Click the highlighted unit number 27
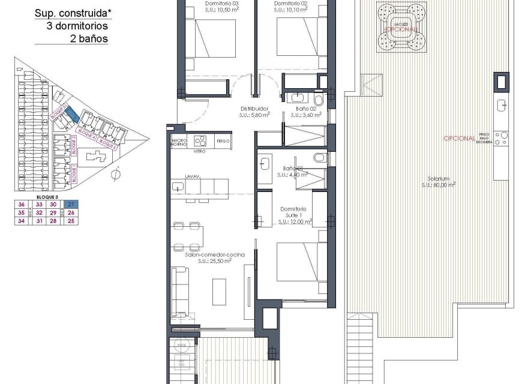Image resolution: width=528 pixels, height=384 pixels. coord(71,205)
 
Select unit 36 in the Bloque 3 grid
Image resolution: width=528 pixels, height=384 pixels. coord(22,205)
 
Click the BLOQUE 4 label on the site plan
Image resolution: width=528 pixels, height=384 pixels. coord(88,136)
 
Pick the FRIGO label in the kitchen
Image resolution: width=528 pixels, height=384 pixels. coord(223,140)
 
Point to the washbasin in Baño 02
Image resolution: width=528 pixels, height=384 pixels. coord(298,98)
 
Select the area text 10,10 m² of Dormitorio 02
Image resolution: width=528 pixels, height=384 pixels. coord(286,10)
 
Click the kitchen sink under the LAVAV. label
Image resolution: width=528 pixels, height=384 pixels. coord(177,187)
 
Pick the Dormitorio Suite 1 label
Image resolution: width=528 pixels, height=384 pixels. coord(294,212)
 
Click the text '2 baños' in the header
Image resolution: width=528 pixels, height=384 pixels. coord(89,38)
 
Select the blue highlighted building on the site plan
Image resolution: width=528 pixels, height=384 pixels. coord(70,113)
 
